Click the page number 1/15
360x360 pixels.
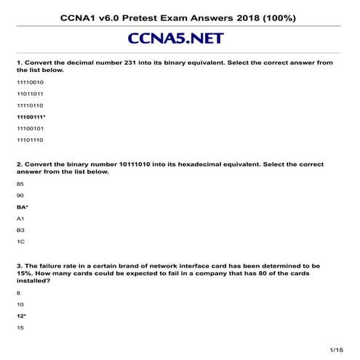[336, 351]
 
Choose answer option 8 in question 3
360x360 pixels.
[17, 292]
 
